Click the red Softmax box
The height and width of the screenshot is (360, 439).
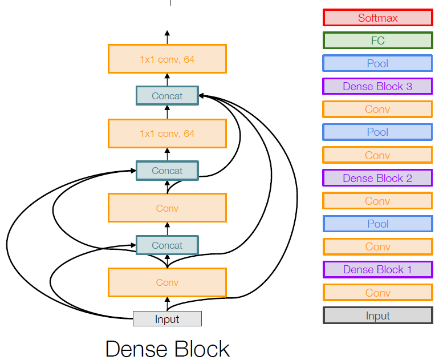coord(377,18)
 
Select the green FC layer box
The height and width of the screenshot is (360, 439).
coord(377,41)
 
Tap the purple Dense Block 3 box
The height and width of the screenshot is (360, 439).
coord(377,87)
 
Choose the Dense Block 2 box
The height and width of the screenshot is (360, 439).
coord(377,178)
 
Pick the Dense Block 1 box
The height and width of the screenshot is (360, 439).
coord(377,269)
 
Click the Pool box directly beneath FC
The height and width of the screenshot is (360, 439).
coord(377,63)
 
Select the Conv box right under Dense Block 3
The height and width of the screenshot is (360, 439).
coord(377,110)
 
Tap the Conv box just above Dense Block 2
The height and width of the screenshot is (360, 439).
coord(377,155)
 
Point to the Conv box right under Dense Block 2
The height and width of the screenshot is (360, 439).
coord(377,201)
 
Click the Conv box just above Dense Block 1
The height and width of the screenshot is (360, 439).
coord(377,246)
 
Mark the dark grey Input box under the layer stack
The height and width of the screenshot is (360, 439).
coord(377,315)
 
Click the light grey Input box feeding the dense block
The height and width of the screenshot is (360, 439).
coord(167,319)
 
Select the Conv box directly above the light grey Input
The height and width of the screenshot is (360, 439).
coord(167,282)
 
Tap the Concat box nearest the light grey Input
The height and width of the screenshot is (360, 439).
coord(167,245)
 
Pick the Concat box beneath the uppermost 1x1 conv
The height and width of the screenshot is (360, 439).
coord(167,96)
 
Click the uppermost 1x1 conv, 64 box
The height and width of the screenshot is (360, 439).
coord(167,59)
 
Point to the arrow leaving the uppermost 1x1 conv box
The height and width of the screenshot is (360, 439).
coord(167,37)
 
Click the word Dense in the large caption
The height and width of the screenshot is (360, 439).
coord(134,349)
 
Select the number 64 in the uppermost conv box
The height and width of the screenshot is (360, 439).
coord(189,59)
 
